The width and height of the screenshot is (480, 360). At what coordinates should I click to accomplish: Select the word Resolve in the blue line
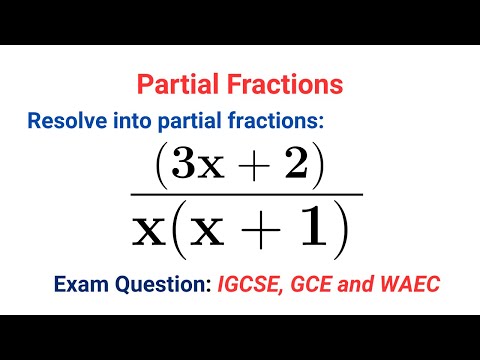point(67,122)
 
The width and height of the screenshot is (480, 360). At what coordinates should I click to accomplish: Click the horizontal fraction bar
point(245,194)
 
